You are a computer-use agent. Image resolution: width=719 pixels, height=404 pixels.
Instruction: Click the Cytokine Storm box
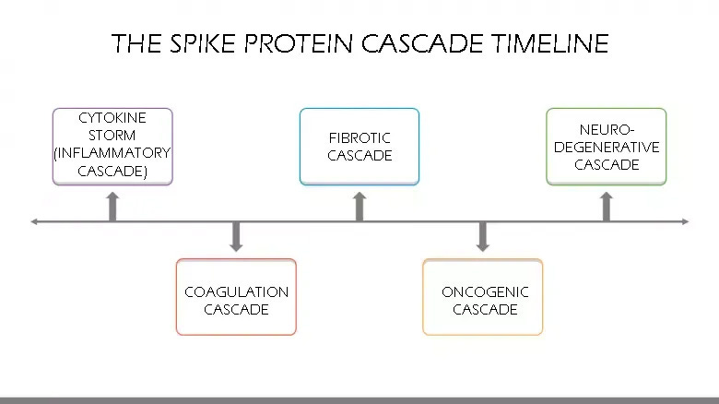(112, 146)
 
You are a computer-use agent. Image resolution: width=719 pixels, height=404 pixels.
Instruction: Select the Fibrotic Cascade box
(359, 146)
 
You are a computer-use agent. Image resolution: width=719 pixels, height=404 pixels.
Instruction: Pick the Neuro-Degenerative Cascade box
(606, 146)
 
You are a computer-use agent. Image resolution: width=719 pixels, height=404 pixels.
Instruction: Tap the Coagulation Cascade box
(236, 297)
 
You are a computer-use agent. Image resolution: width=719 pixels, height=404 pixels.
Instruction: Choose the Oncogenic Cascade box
(483, 297)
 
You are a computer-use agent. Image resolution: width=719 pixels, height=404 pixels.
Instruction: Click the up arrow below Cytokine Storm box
(112, 207)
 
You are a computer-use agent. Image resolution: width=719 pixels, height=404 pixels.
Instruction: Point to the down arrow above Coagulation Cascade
(236, 236)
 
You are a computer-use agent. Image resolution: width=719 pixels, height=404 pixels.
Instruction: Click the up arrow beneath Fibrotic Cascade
(359, 207)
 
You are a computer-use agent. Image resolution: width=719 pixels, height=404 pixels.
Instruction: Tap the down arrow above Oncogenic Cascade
(482, 236)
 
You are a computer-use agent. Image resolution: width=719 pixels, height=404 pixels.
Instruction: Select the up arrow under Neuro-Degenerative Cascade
(606, 207)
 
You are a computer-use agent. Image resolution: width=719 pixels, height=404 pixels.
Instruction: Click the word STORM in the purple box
(112, 136)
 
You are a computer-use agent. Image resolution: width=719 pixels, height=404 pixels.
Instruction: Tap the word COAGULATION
(236, 292)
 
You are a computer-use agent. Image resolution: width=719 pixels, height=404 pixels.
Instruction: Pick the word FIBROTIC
(359, 138)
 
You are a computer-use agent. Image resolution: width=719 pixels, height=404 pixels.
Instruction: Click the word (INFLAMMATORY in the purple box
(112, 153)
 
